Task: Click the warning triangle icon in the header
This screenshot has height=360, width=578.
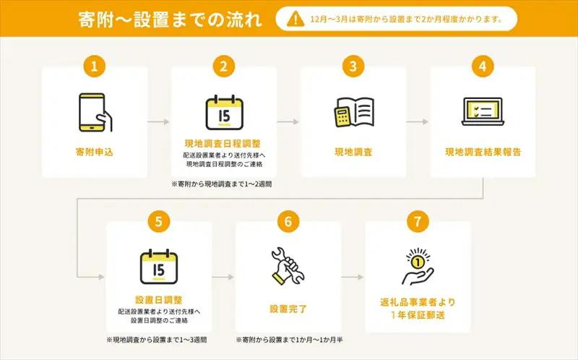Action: [x=296, y=19]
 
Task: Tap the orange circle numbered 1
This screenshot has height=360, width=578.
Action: [x=95, y=67]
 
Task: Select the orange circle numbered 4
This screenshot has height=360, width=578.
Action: [x=483, y=67]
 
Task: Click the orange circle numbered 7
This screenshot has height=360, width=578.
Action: [x=418, y=221]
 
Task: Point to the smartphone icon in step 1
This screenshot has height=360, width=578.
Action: [x=95, y=113]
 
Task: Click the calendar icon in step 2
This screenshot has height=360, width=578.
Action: [x=224, y=113]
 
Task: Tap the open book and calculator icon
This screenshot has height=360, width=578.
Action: [x=354, y=113]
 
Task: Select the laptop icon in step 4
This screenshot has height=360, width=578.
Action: [x=483, y=111]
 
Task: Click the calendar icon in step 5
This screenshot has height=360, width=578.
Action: [x=159, y=267]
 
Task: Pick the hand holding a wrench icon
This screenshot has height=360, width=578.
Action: [x=288, y=265]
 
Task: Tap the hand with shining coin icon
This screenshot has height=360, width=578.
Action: [x=418, y=266]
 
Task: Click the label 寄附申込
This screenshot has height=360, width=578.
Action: [x=95, y=152]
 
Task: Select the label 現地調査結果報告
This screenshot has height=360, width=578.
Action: [x=483, y=152]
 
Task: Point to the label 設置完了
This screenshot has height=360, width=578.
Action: [x=288, y=309]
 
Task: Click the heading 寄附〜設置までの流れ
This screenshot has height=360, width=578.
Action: [x=170, y=20]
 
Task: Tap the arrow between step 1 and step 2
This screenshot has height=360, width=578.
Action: [x=158, y=121]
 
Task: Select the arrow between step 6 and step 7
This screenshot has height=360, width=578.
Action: [x=353, y=277]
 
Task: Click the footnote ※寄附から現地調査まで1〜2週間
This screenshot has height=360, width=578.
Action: [x=222, y=184]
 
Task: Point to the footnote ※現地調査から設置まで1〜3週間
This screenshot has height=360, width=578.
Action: [x=157, y=340]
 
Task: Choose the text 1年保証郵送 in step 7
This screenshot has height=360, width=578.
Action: [x=418, y=315]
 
